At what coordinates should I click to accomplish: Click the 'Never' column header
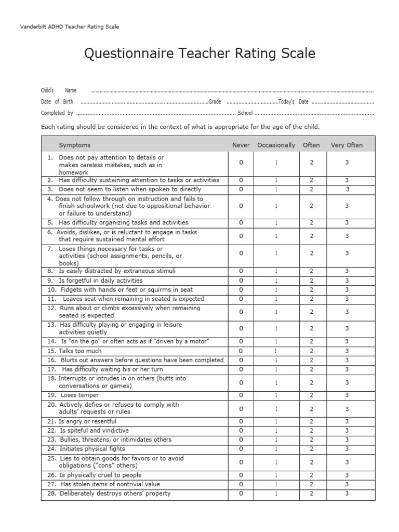241,145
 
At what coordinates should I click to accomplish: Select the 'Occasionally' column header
276,145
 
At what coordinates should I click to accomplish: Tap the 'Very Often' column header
347,145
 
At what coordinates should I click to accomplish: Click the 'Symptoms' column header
74,145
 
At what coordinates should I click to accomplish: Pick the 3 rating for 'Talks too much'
347,351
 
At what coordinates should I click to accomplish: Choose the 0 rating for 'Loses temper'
241,395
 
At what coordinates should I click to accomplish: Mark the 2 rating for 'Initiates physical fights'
311,449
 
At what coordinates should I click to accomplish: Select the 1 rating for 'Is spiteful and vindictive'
276,431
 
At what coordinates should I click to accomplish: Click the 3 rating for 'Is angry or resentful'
347,421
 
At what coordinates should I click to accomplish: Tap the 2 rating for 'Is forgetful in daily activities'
311,281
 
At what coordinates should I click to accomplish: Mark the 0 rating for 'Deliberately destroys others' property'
241,494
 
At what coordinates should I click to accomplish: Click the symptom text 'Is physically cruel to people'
100,475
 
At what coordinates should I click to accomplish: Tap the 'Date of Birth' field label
57,102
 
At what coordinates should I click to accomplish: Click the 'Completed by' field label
57,113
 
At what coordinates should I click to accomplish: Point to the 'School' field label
245,113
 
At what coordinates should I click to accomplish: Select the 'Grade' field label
215,102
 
